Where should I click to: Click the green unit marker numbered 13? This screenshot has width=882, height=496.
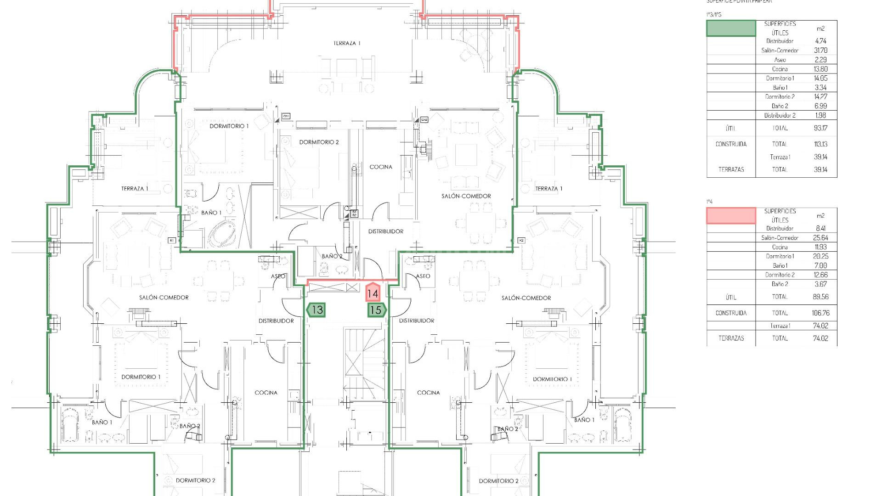[x=316, y=310]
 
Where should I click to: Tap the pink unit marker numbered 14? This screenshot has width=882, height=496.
[x=373, y=293]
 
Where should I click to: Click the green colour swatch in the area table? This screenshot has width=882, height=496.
[x=730, y=28]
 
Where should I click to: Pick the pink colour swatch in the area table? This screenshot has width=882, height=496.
[x=730, y=216]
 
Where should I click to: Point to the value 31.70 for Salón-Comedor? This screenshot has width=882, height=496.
[x=820, y=51]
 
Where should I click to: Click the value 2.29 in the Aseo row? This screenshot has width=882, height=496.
[x=820, y=60]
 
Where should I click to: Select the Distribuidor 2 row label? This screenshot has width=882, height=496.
[x=780, y=115]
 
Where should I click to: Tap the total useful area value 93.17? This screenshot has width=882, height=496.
[x=820, y=128]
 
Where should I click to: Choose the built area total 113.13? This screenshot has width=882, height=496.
[x=820, y=144]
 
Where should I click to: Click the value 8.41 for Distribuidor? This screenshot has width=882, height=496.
[x=820, y=228]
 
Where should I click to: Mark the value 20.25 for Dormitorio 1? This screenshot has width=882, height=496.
[x=820, y=256]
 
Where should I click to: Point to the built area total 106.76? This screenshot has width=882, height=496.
[x=820, y=313]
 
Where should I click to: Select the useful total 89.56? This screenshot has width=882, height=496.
[x=820, y=297]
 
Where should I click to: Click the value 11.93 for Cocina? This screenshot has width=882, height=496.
[x=820, y=247]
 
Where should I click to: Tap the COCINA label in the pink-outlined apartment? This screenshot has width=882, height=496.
[x=381, y=167]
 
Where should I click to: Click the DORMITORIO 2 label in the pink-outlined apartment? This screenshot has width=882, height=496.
[x=319, y=142]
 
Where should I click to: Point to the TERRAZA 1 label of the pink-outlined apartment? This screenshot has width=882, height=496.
[x=347, y=43]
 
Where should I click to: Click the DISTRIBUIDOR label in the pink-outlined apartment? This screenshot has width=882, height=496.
[x=385, y=231]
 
